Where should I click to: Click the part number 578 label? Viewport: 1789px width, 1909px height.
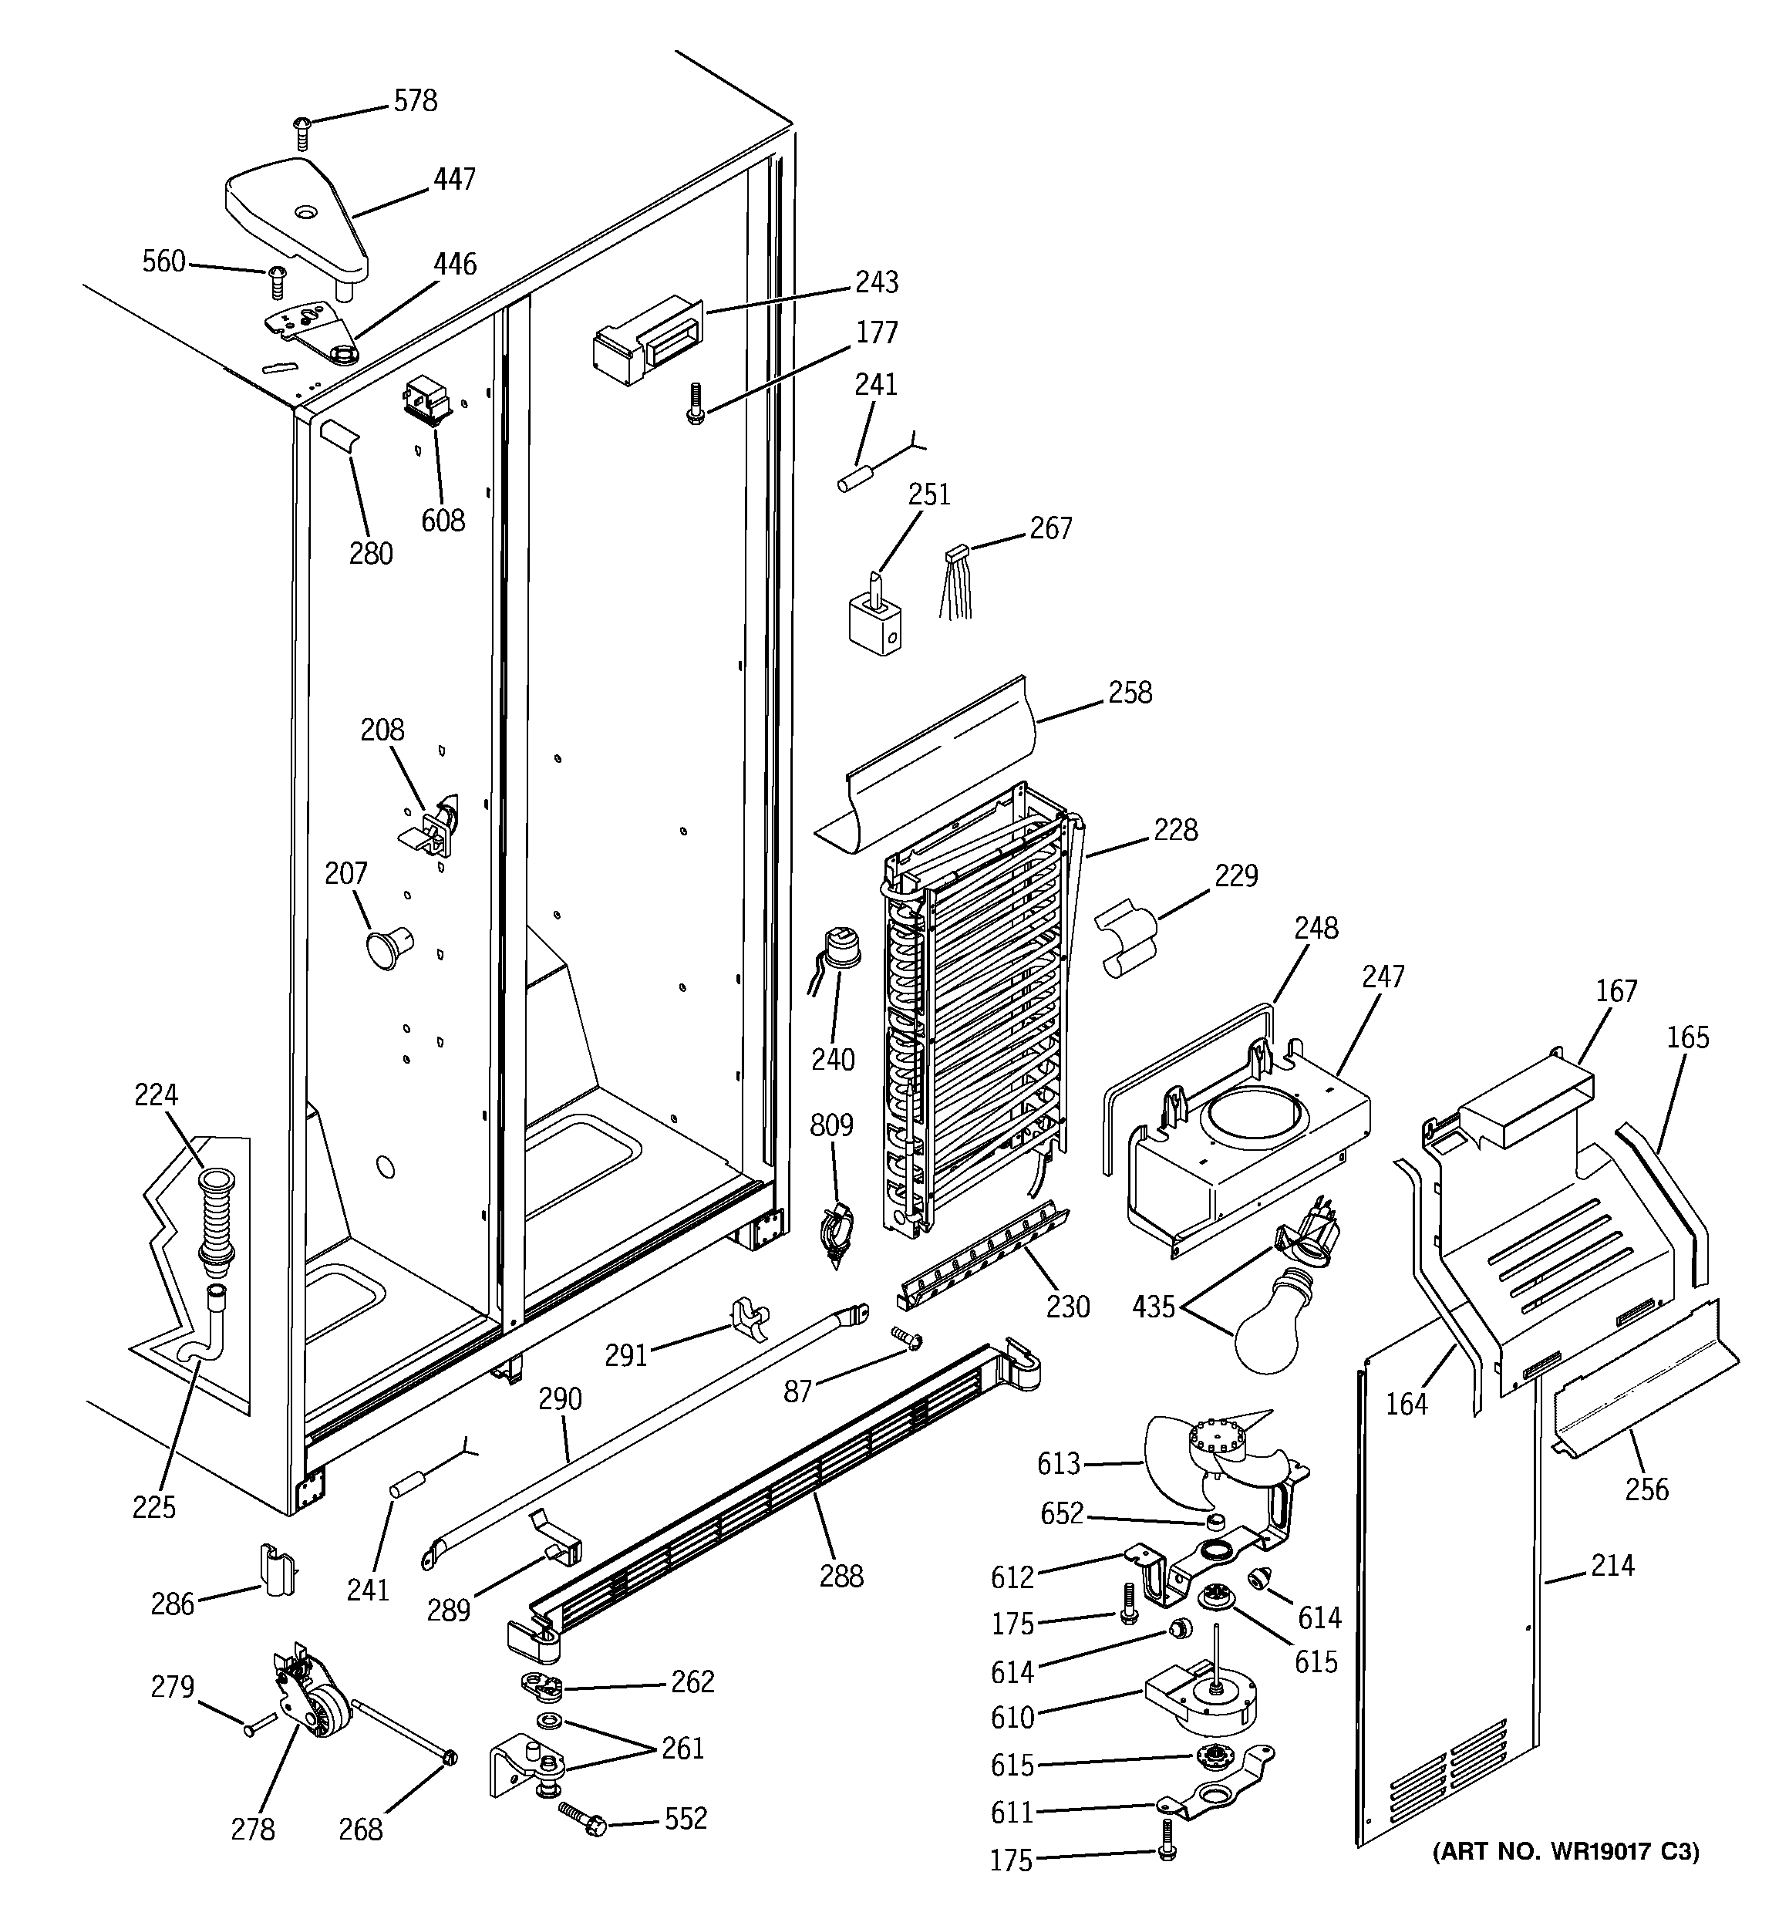coord(415,101)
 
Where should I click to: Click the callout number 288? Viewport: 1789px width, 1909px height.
coord(841,1576)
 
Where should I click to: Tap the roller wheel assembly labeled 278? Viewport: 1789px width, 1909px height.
coord(312,1701)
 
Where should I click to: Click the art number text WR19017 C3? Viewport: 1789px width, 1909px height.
coord(1565,1850)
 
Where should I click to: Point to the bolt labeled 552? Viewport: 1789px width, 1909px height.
coord(580,1818)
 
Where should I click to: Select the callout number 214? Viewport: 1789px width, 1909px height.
coord(1612,1565)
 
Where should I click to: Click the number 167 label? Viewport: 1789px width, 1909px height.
coord(1616,990)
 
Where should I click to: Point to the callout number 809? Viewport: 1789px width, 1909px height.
coord(830,1124)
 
